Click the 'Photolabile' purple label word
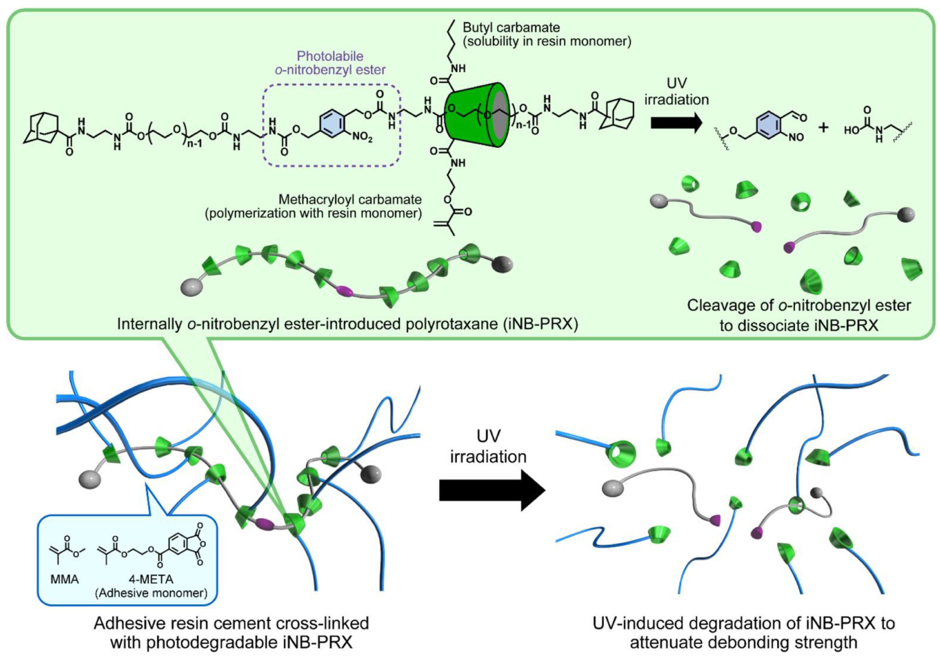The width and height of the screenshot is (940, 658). pos(330,56)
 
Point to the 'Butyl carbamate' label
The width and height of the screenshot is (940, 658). pos(511,27)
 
